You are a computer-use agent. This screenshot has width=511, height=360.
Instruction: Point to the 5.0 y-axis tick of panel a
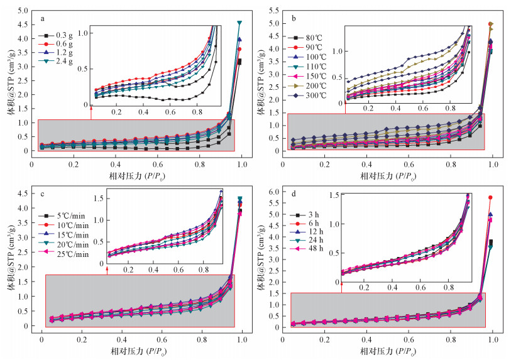coord(21,11)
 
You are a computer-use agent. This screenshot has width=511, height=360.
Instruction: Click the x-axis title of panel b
coord(388,174)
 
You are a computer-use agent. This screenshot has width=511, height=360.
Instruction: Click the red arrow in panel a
coord(91,112)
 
